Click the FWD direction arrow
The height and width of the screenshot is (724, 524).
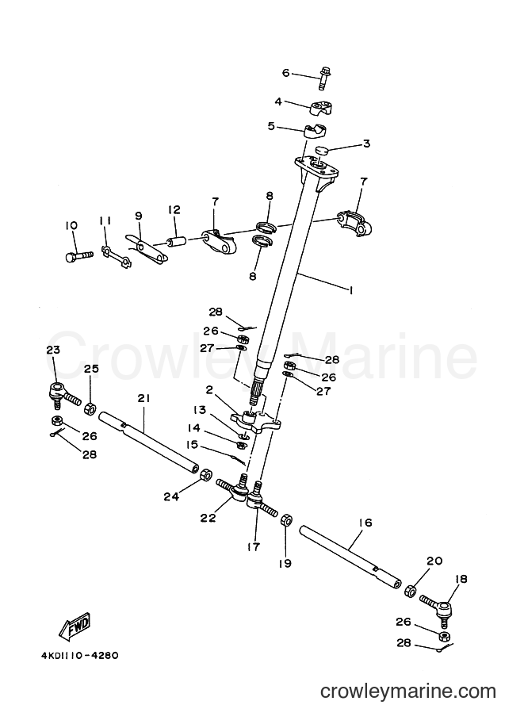[x=75, y=627]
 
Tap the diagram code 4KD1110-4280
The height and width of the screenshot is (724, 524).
[x=79, y=656]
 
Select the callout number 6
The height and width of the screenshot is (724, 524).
[x=285, y=73]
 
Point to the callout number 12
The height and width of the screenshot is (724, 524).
[x=174, y=210]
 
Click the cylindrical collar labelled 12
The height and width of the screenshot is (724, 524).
[x=176, y=241]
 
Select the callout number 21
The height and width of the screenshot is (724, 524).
[x=144, y=398]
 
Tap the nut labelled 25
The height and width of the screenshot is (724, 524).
[x=90, y=409]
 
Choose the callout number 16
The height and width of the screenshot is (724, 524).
[x=365, y=523]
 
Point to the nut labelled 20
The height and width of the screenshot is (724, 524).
[x=410, y=591]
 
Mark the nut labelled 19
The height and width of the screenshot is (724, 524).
[x=285, y=520]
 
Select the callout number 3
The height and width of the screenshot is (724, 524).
[x=366, y=144]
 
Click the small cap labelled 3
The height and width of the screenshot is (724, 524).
[x=323, y=150]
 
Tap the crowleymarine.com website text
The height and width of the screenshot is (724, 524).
[x=408, y=691]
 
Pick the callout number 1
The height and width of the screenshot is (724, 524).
[x=351, y=290]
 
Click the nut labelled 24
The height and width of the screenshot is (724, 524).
[x=205, y=475]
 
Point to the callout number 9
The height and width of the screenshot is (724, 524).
[x=139, y=216]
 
